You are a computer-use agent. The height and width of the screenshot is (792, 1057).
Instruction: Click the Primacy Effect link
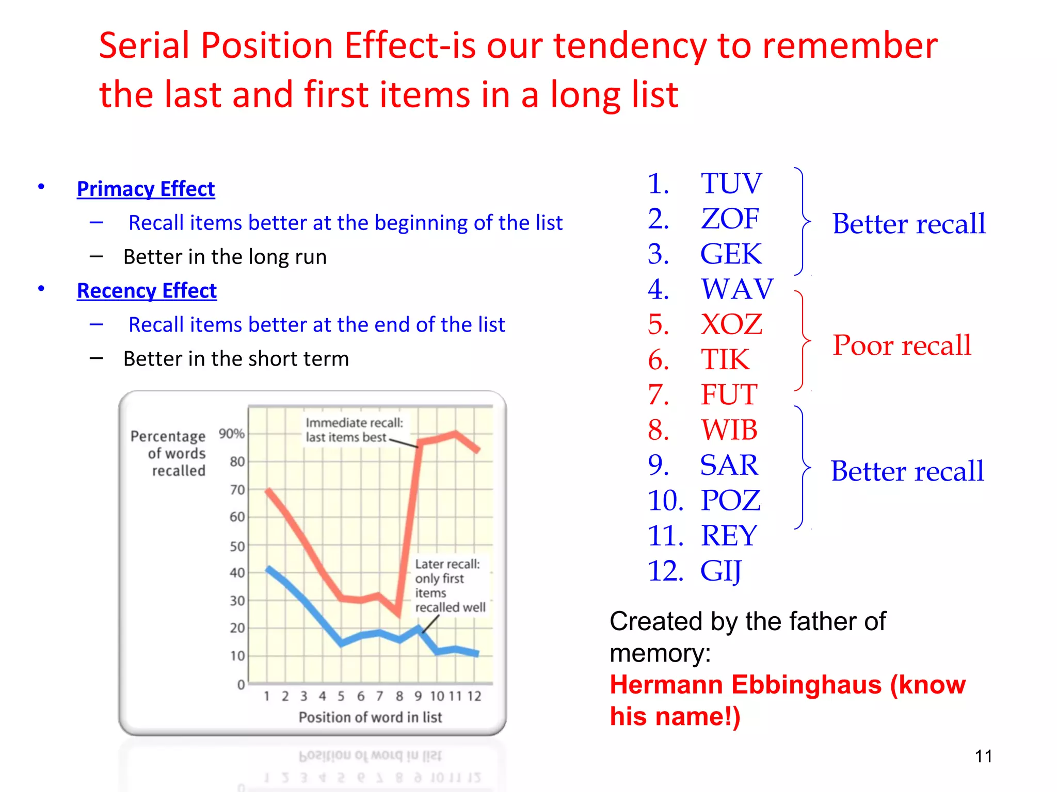146,189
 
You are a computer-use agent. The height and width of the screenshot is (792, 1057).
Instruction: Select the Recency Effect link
147,291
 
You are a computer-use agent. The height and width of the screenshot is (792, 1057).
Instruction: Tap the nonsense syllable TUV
731,184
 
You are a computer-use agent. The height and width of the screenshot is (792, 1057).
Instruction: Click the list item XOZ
731,325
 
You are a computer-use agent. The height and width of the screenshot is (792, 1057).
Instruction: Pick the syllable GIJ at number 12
720,571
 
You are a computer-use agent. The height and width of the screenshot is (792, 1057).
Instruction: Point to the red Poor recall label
902,345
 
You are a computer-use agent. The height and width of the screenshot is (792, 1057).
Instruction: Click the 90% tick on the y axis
231,434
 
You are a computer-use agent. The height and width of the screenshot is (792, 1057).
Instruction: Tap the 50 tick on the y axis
237,546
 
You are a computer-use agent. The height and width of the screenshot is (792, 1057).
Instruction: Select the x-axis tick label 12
474,697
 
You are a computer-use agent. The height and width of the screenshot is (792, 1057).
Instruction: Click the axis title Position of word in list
370,717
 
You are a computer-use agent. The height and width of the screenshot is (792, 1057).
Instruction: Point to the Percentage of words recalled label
169,453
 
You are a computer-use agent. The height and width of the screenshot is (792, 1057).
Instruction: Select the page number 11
983,756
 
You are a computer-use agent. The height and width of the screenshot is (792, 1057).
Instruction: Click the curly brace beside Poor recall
803,340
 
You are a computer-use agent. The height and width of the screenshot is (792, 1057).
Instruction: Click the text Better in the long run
225,257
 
